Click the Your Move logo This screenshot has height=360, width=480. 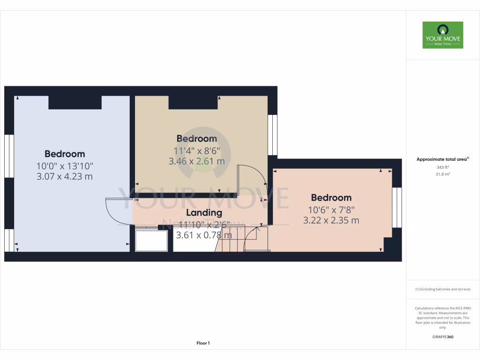(x=442, y=35)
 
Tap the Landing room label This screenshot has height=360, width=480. (x=204, y=213)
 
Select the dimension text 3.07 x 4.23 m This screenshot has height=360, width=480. (x=65, y=177)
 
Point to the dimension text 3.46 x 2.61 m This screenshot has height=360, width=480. (x=196, y=161)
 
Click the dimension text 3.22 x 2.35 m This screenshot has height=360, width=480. (x=331, y=220)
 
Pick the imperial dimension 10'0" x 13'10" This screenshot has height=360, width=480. (x=65, y=165)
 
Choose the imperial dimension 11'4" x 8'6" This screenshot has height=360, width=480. (x=196, y=150)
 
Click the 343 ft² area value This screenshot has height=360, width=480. (x=442, y=167)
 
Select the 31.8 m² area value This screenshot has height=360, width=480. (x=442, y=174)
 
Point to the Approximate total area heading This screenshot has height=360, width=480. (x=442, y=159)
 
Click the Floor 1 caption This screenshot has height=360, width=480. (x=203, y=343)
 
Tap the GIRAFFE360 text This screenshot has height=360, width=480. (x=442, y=337)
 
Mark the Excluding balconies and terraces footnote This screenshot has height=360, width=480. (x=442, y=289)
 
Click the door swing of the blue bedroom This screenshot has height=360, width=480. (x=115, y=211)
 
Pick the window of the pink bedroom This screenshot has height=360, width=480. (x=397, y=208)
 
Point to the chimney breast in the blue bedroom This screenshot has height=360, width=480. (x=75, y=102)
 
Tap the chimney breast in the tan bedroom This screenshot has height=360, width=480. (x=193, y=102)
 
